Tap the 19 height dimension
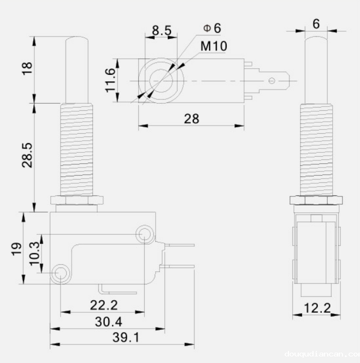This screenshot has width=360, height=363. point(16,248)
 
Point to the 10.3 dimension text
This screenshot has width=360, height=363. point(36,254)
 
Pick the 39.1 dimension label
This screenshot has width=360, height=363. point(126,337)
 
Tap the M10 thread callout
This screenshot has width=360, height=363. point(214,46)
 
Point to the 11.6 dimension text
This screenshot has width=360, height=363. point(111,80)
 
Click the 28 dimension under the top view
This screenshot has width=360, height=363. point(191,118)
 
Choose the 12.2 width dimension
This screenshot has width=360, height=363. point(317,308)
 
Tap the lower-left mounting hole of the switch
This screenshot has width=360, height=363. point(61,272)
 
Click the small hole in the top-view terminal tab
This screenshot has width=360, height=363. point(272,81)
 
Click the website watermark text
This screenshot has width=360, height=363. point(322,355)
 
